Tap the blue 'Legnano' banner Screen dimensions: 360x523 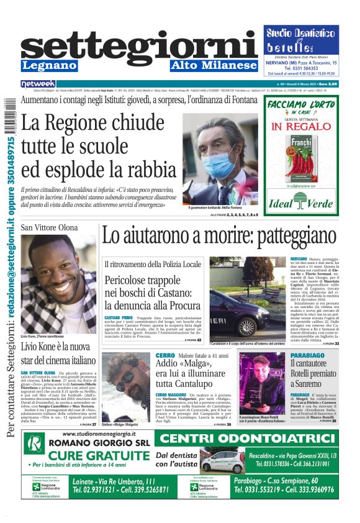(50, 65)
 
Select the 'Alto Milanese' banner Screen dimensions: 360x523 (214, 65)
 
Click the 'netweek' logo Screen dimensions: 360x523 (38, 83)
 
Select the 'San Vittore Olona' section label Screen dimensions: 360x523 (50, 228)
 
